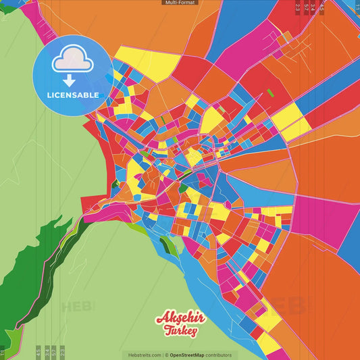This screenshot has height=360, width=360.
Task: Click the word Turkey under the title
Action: point(180,331)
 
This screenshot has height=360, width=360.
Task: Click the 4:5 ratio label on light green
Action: point(38,352)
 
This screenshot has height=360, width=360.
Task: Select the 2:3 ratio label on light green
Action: point(62,352)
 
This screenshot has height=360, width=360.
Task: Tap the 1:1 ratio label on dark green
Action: point(2,352)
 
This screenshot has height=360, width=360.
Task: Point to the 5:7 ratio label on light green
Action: point(54,352)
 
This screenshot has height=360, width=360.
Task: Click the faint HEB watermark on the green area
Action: point(78,307)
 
